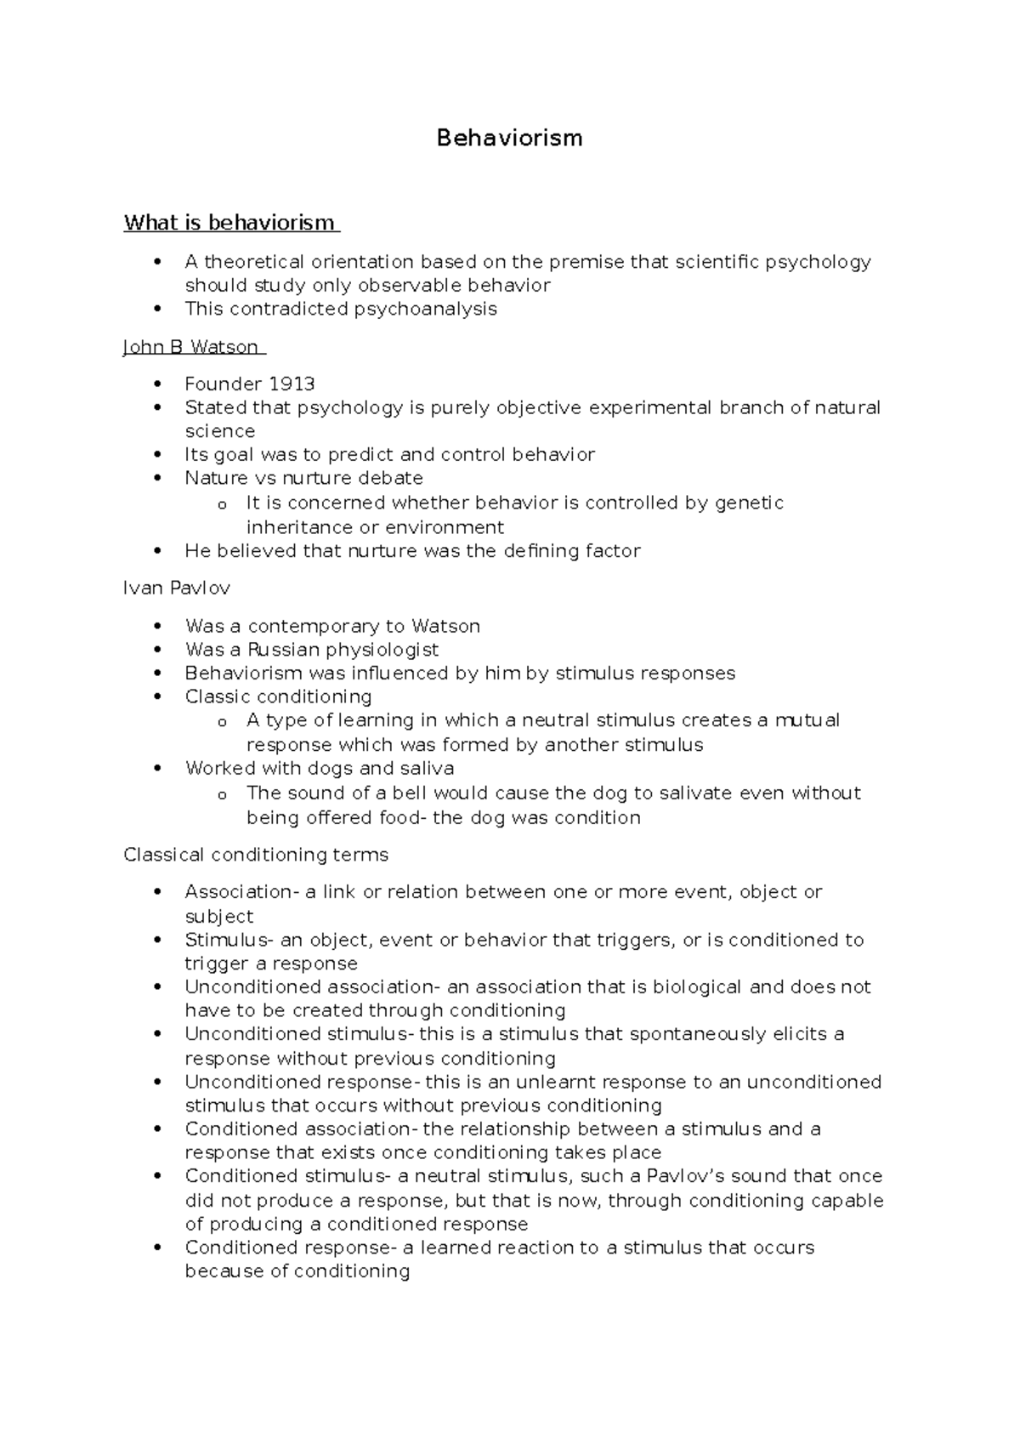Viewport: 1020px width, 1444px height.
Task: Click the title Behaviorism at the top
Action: [509, 138]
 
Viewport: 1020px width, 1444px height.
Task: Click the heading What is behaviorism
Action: [229, 223]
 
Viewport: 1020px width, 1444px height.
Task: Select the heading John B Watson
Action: [191, 347]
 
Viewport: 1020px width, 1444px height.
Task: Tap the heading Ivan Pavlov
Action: [177, 588]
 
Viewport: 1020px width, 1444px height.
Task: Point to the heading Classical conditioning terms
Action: [256, 855]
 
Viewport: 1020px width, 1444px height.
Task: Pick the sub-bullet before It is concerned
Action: [222, 504]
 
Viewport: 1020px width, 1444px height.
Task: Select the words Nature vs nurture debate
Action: [303, 478]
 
